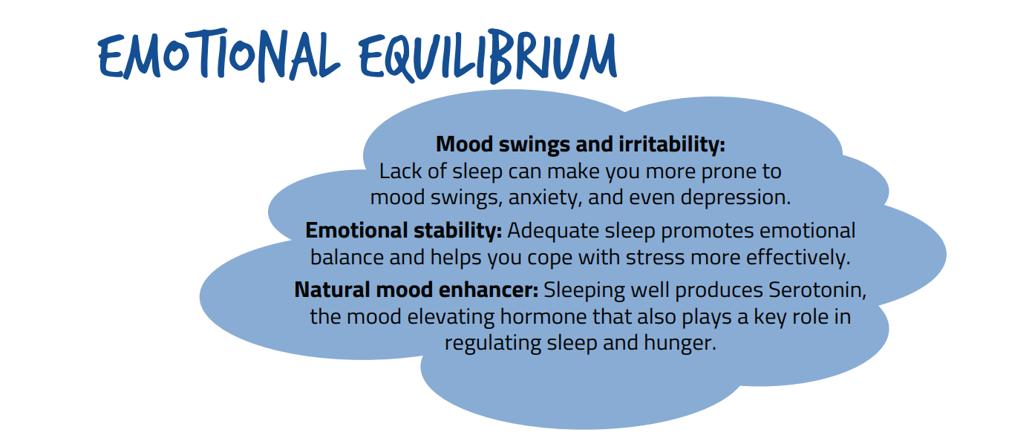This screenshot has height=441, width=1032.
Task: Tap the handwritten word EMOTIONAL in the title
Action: tap(219, 55)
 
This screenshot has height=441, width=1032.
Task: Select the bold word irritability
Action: tap(672, 144)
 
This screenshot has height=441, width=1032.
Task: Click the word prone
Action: tap(728, 172)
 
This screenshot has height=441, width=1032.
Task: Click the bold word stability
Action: tap(457, 230)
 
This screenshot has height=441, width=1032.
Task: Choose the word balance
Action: tap(347, 257)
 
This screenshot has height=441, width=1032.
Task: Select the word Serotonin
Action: tap(817, 290)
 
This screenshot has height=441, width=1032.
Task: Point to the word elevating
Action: tap(451, 317)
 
